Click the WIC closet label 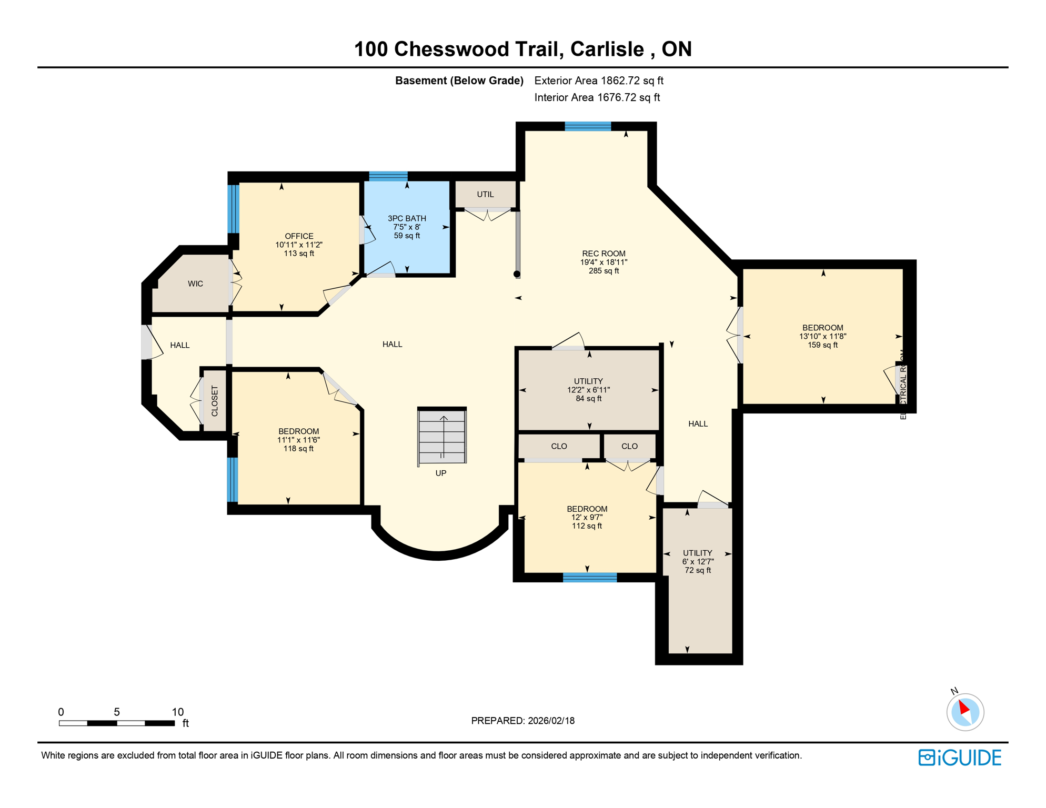(195, 284)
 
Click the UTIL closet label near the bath (485, 195)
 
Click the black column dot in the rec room (517, 274)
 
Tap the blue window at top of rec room (588, 126)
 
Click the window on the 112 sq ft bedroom (589, 578)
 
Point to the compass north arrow (964, 709)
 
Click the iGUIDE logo (960, 757)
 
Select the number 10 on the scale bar (178, 712)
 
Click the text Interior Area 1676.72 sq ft (597, 97)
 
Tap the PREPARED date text (522, 721)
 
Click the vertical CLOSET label (215, 401)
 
